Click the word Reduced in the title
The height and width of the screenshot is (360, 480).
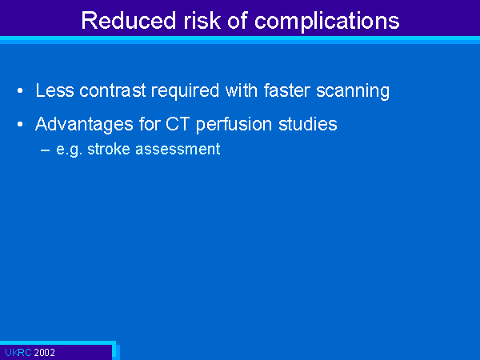point(129,21)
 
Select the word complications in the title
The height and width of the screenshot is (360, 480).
point(326,22)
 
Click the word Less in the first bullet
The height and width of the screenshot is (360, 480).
point(54,90)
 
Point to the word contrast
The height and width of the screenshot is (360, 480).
point(112,90)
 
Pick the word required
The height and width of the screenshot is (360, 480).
point(185,91)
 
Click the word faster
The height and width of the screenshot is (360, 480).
point(287,90)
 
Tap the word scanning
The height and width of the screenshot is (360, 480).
point(353,91)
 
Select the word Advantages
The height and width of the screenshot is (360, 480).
point(85,125)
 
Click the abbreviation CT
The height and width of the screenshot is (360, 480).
point(178,124)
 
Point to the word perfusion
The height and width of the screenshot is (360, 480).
point(234,125)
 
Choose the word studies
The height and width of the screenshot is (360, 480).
point(308,124)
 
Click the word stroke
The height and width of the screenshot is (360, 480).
point(109,149)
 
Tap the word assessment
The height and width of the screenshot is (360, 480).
point(178,150)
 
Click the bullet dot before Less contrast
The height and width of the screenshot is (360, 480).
point(20,91)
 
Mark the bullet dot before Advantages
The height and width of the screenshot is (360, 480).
point(20,124)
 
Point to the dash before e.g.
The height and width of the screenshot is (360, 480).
point(45,150)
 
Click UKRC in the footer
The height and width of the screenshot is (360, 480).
point(18,353)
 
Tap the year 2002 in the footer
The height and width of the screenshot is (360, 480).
point(45,353)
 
